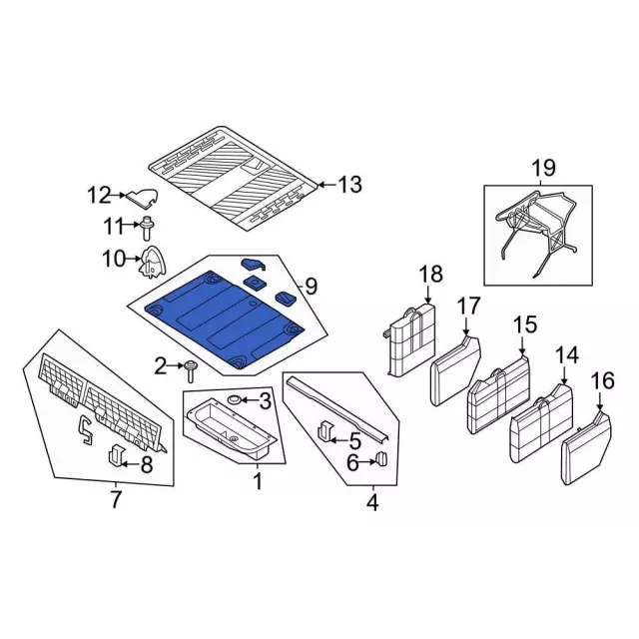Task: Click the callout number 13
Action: click(x=350, y=185)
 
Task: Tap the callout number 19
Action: click(x=541, y=167)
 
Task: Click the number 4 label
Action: click(x=372, y=504)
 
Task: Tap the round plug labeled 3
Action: click(x=235, y=400)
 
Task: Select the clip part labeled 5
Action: click(x=324, y=433)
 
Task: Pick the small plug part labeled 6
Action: click(x=380, y=460)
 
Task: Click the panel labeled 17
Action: click(x=455, y=371)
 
